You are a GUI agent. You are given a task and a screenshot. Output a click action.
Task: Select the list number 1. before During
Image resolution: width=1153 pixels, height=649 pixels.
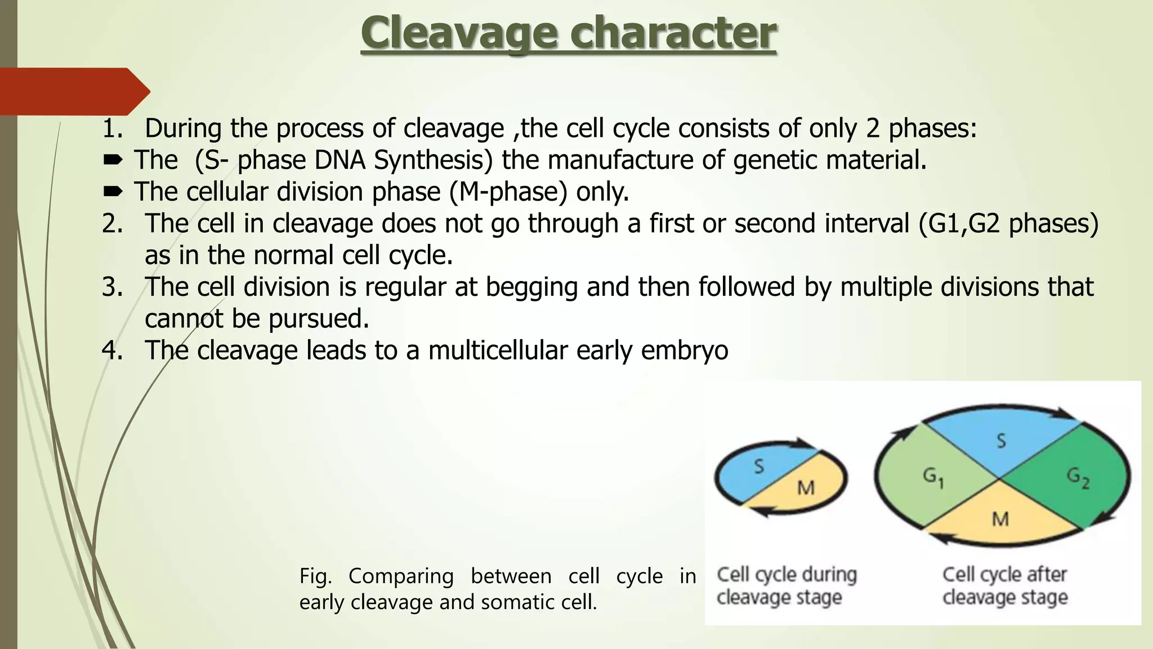112,129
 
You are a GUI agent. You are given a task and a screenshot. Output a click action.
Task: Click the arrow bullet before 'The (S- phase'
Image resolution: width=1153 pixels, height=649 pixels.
113,161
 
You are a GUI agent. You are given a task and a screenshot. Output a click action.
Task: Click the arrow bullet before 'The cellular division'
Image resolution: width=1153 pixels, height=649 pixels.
113,193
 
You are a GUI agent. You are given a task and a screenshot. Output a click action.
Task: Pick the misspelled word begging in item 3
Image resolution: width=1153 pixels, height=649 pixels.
531,287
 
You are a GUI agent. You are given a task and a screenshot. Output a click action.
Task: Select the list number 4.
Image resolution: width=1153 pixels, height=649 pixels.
112,351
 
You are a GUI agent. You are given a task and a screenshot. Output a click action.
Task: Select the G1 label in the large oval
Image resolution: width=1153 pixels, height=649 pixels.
933,477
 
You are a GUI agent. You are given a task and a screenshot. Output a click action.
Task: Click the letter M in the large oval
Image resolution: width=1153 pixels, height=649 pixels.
1000,519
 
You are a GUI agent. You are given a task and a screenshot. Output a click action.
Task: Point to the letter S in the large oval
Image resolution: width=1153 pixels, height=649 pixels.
1001,441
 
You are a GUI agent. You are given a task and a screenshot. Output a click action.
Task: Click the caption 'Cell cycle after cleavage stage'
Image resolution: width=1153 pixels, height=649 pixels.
1004,586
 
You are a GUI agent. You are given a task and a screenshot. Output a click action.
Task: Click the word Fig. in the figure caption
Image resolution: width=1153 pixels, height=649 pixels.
315,576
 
